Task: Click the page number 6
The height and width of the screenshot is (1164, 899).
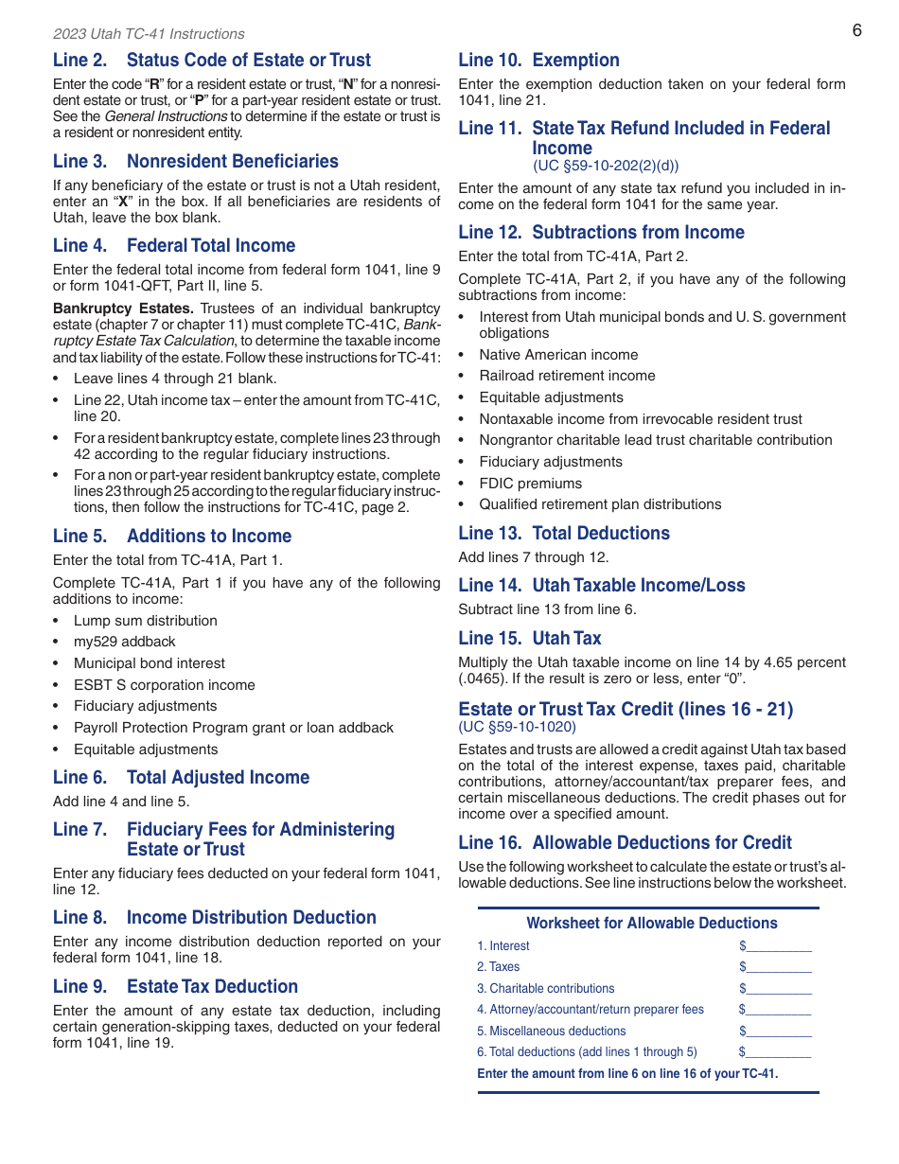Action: click(856, 30)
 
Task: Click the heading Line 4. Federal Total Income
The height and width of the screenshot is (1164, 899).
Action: click(174, 245)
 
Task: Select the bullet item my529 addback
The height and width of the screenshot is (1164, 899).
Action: click(124, 642)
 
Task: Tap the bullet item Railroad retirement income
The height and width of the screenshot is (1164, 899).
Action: click(567, 376)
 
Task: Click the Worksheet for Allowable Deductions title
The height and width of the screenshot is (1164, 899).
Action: click(651, 923)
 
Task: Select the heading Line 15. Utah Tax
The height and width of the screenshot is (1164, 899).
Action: click(529, 638)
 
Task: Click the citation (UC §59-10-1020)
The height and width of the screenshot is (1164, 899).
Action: click(517, 727)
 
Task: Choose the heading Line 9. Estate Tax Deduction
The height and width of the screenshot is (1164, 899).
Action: click(175, 986)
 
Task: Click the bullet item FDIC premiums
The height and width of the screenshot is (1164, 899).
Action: click(530, 484)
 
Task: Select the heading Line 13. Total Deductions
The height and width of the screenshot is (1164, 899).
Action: click(563, 533)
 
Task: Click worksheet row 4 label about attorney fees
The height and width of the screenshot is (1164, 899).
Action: click(591, 1010)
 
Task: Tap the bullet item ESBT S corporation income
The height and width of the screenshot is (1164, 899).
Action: click(164, 685)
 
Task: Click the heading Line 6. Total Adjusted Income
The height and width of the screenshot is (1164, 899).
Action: click(181, 777)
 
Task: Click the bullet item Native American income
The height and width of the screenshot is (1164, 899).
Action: click(558, 355)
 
